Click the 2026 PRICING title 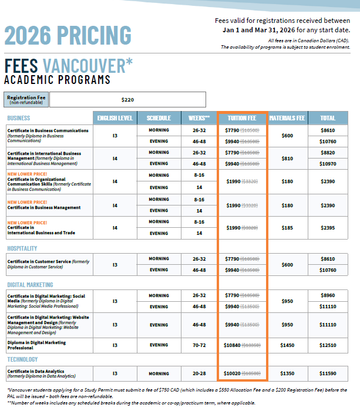(68, 35)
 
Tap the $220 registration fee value (127, 100)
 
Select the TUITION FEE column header (241, 118)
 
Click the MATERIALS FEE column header (287, 118)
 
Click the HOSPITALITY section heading (22, 248)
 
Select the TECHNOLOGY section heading (23, 359)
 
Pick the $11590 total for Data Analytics (328, 373)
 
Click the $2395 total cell (328, 228)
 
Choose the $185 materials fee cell (287, 228)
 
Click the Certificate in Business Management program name (44, 208)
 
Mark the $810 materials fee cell (287, 158)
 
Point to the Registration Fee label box (26, 100)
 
